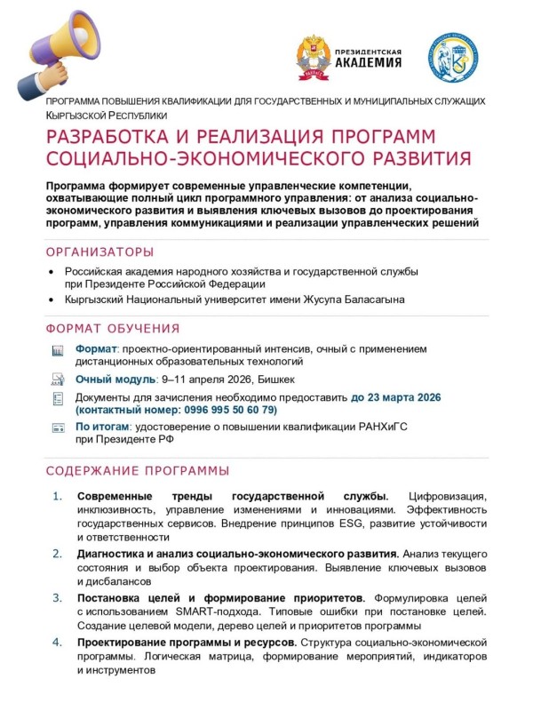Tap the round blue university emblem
click(x=454, y=55)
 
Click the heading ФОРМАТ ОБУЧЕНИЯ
click(x=112, y=328)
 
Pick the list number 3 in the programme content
click(x=58, y=597)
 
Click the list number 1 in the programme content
click(x=58, y=495)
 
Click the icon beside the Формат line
click(x=58, y=350)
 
